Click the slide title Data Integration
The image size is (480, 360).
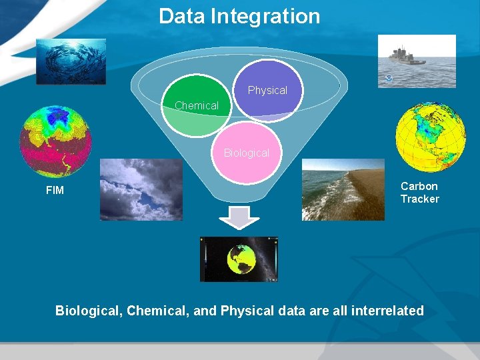point(239,16)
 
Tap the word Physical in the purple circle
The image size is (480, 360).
point(267,90)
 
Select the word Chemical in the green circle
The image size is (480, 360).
point(196,105)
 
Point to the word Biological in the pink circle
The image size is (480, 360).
point(246,153)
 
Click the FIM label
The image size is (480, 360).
point(55,191)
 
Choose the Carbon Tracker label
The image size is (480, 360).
point(419,192)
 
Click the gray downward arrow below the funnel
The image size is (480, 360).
point(239,218)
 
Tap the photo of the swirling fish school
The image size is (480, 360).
point(71,61)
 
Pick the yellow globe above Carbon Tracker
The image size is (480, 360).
point(429,137)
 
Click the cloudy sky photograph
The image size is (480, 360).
point(141,189)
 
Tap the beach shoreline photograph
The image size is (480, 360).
point(343,189)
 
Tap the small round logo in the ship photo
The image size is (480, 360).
point(389,79)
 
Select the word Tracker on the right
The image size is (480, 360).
point(419,199)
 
